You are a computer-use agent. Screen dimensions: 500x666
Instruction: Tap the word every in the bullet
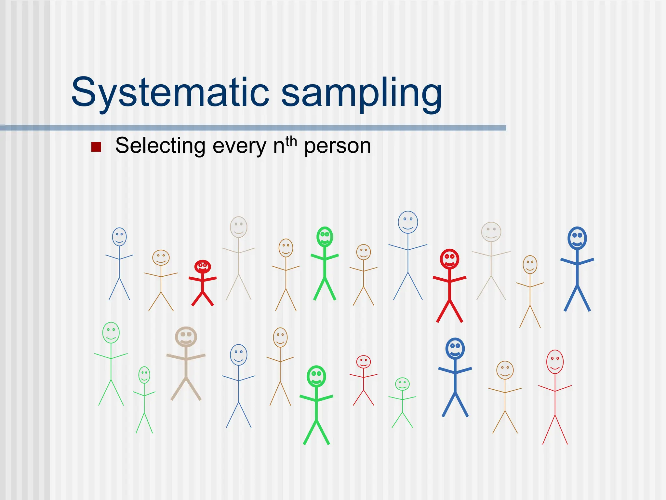point(239,146)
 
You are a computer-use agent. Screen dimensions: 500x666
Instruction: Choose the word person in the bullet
point(338,146)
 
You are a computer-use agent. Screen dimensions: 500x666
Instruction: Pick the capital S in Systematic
point(83,92)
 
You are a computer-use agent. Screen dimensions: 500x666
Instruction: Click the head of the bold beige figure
point(186,337)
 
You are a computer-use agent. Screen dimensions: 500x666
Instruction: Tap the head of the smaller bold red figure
point(203,267)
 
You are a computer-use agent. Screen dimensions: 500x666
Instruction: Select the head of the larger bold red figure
point(449,259)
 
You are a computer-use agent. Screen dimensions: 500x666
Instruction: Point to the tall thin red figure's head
point(555,362)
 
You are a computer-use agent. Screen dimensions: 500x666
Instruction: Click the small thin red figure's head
point(363,362)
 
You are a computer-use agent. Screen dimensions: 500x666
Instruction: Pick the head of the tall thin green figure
point(111,332)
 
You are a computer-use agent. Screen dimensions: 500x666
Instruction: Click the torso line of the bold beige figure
point(186,363)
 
